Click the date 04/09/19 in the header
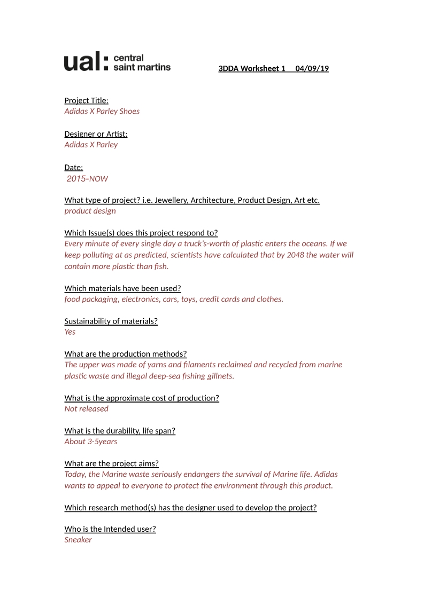(x=312, y=68)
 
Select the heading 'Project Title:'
(x=86, y=100)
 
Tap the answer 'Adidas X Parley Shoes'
(x=102, y=111)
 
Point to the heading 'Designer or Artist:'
(x=96, y=134)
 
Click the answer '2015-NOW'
(x=87, y=178)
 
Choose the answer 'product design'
(x=90, y=210)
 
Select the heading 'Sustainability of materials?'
(x=111, y=321)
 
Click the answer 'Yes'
(x=70, y=332)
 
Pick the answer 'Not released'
(x=86, y=408)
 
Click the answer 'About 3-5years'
(x=90, y=441)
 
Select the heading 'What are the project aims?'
(x=111, y=463)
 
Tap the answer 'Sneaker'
(x=78, y=540)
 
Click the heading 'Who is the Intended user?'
(x=110, y=529)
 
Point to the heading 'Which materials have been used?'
(x=122, y=288)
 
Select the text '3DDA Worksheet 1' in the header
(x=252, y=68)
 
